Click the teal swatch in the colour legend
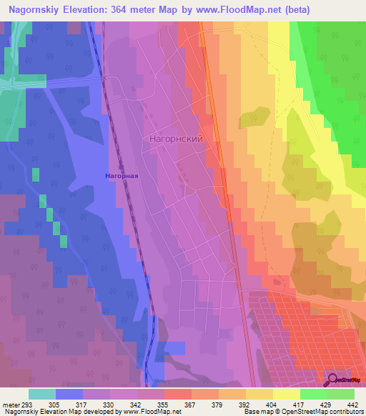coord(42,394)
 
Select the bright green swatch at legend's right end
coord(341,394)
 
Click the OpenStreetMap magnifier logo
coord(332,380)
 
